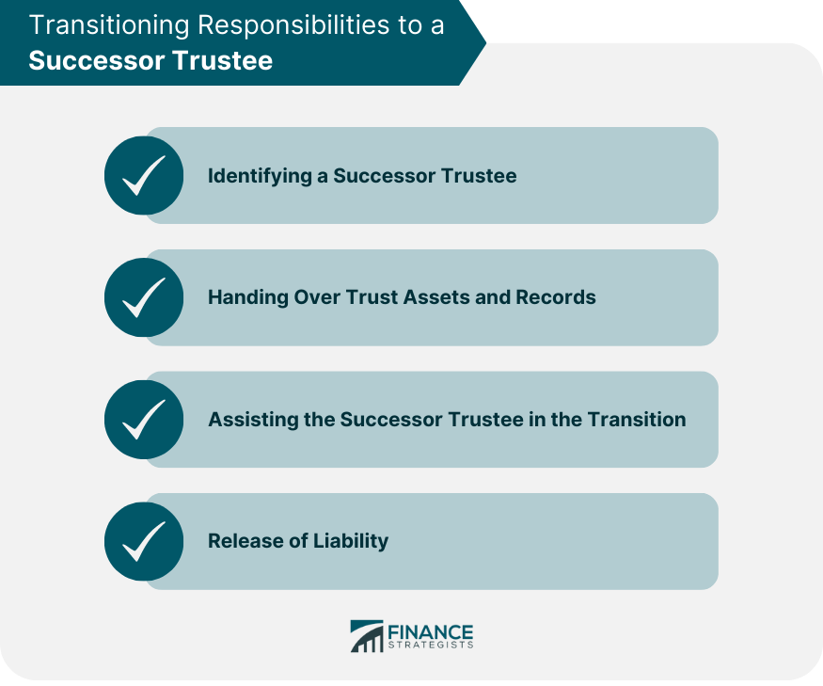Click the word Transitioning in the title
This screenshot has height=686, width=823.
pyautogui.click(x=109, y=25)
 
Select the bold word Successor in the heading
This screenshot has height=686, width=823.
pyautogui.click(x=97, y=60)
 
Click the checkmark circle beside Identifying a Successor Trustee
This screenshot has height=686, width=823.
pyautogui.click(x=144, y=175)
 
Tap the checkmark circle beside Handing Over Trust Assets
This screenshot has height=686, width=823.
pyautogui.click(x=144, y=297)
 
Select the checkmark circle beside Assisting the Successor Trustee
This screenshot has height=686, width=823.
pyautogui.click(x=144, y=420)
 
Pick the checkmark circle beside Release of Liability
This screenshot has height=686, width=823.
pyautogui.click(x=144, y=541)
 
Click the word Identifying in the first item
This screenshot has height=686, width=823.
pyautogui.click(x=260, y=176)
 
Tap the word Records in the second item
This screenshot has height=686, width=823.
pyautogui.click(x=556, y=297)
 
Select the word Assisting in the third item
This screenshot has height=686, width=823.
pyautogui.click(x=254, y=420)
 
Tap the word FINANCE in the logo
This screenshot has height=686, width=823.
pyautogui.click(x=431, y=632)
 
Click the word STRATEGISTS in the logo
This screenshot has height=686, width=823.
pyautogui.click(x=431, y=645)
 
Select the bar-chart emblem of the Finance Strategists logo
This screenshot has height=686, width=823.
pyautogui.click(x=367, y=636)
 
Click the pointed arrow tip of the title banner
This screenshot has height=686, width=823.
pyautogui.click(x=486, y=42)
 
